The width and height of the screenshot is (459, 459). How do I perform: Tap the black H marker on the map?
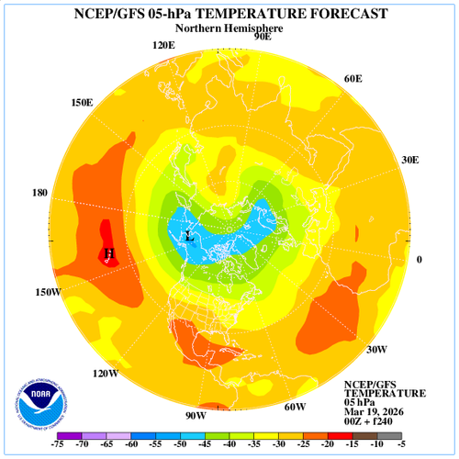[109, 252]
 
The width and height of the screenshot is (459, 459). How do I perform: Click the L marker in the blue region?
[189, 236]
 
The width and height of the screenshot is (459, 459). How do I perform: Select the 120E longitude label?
[163, 45]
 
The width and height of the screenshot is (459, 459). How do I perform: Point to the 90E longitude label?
[262, 37]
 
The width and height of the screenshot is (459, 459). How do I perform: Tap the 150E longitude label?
[82, 102]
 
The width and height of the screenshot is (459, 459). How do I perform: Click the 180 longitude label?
[39, 194]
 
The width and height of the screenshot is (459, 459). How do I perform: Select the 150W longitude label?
[49, 292]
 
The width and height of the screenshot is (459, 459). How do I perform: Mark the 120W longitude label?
[106, 374]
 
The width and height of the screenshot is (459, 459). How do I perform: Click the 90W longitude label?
[196, 416]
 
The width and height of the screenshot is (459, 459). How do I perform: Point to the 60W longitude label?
[295, 407]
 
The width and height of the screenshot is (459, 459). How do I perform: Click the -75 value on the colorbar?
[57, 445]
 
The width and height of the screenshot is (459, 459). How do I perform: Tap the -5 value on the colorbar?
[402, 445]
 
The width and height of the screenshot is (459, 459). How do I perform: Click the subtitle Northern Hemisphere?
[229, 28]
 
